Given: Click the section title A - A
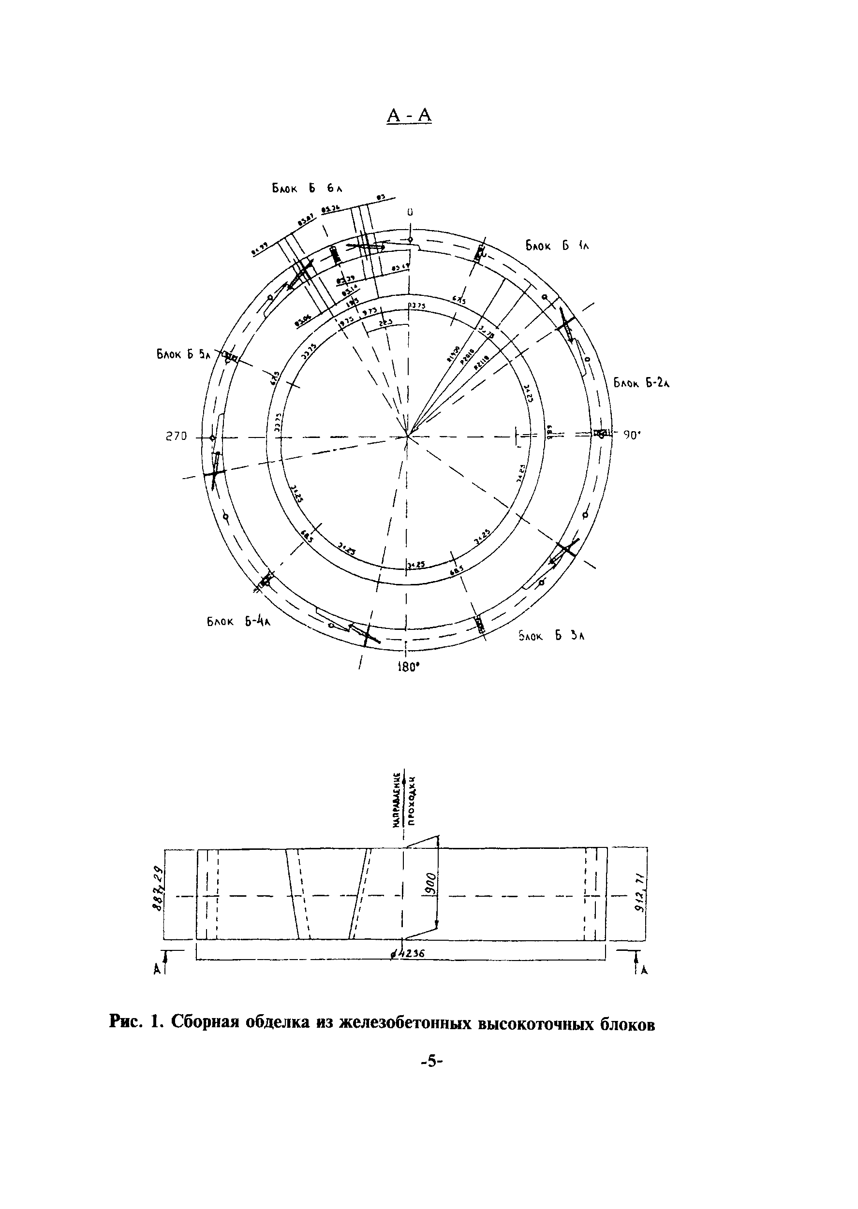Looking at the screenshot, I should pyautogui.click(x=410, y=115).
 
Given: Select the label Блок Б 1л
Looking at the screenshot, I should pyautogui.click(x=556, y=246).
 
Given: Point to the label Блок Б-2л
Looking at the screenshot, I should pyautogui.click(x=641, y=383).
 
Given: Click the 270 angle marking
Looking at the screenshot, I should pyautogui.click(x=177, y=437).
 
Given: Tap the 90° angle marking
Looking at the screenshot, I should pyautogui.click(x=631, y=436).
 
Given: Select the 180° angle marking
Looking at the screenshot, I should pyautogui.click(x=408, y=666).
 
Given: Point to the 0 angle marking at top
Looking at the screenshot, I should pyautogui.click(x=410, y=212).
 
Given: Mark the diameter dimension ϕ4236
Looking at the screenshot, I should pyautogui.click(x=408, y=953).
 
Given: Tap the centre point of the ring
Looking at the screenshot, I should pyautogui.click(x=408, y=436).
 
